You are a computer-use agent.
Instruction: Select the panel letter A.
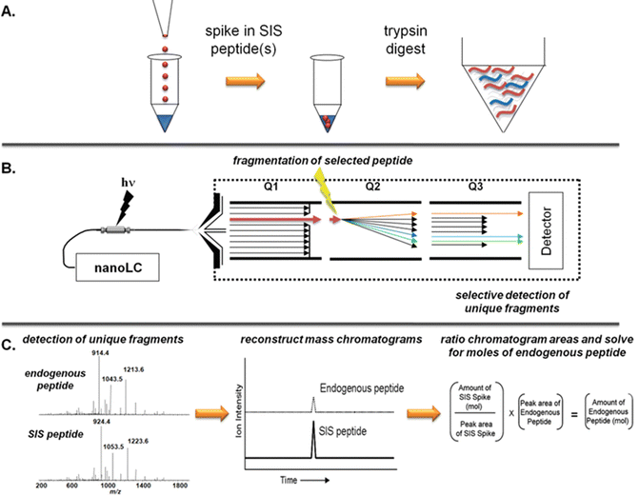[12, 11]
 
